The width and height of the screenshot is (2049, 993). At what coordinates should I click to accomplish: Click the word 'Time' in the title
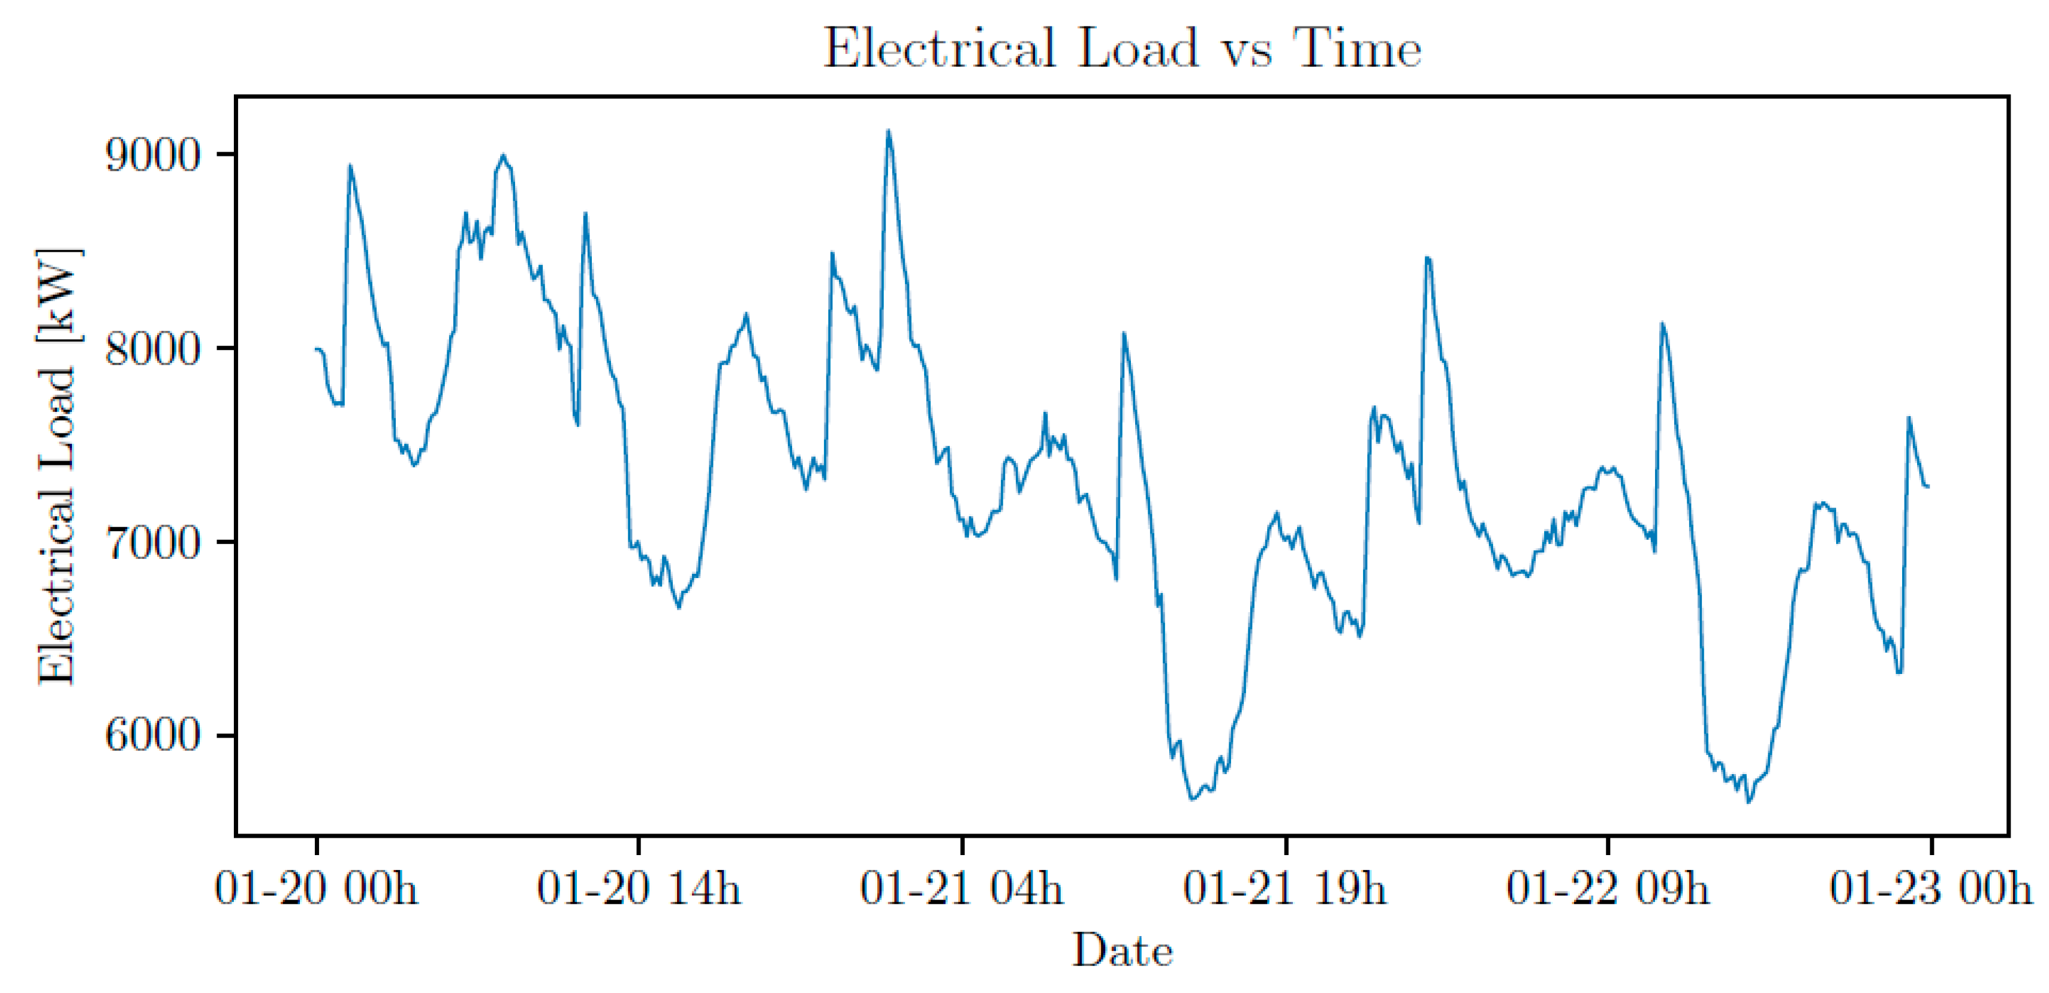point(1358,49)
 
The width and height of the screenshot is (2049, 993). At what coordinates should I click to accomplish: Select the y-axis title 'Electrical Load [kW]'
point(58,467)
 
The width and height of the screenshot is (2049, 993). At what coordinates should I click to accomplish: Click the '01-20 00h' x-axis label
point(316,887)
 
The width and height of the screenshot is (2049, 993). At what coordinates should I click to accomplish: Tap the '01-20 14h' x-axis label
point(639,887)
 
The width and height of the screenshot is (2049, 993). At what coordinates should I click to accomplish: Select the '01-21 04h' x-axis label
point(962,887)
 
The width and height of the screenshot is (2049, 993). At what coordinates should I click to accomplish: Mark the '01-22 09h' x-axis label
point(1608,887)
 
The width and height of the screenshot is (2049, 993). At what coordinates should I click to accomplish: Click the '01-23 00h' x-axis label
point(1930,887)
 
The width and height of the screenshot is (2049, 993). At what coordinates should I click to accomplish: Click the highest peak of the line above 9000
point(889,131)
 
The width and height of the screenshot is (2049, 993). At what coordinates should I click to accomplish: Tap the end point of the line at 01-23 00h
point(1928,486)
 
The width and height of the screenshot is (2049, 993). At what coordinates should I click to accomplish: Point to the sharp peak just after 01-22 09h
point(1662,324)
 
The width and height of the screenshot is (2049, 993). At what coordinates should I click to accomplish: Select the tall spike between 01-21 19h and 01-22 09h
point(1427,258)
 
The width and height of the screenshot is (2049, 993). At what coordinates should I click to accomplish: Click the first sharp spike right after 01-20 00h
point(350,166)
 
